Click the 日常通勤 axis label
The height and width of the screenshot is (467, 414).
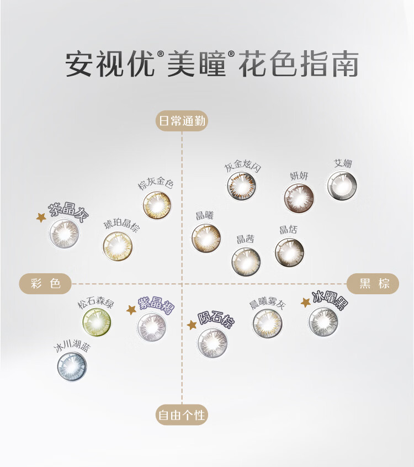coord(182,121)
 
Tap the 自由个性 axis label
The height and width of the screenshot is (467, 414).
coord(182,415)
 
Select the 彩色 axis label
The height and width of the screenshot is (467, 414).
coord(46,284)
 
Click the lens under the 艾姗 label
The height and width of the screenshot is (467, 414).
coord(342,186)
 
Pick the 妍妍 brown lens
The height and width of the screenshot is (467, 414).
coord(299,198)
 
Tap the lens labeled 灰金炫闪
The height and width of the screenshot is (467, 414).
coord(242,186)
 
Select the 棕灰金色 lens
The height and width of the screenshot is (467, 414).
coord(157,205)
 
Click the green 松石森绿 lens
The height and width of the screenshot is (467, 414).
coord(97,322)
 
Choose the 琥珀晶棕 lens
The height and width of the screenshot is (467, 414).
coord(118,246)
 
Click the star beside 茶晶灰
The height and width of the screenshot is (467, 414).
coord(41,217)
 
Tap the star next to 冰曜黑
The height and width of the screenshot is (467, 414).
coord(305,303)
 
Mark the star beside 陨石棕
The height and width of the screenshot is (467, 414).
coord(192,325)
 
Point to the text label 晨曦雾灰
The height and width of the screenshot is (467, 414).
coord(267,304)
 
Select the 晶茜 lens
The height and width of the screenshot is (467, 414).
coord(246,261)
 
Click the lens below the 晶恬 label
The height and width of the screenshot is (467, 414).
coord(289,252)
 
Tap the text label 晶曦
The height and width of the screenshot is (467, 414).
coord(204,215)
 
